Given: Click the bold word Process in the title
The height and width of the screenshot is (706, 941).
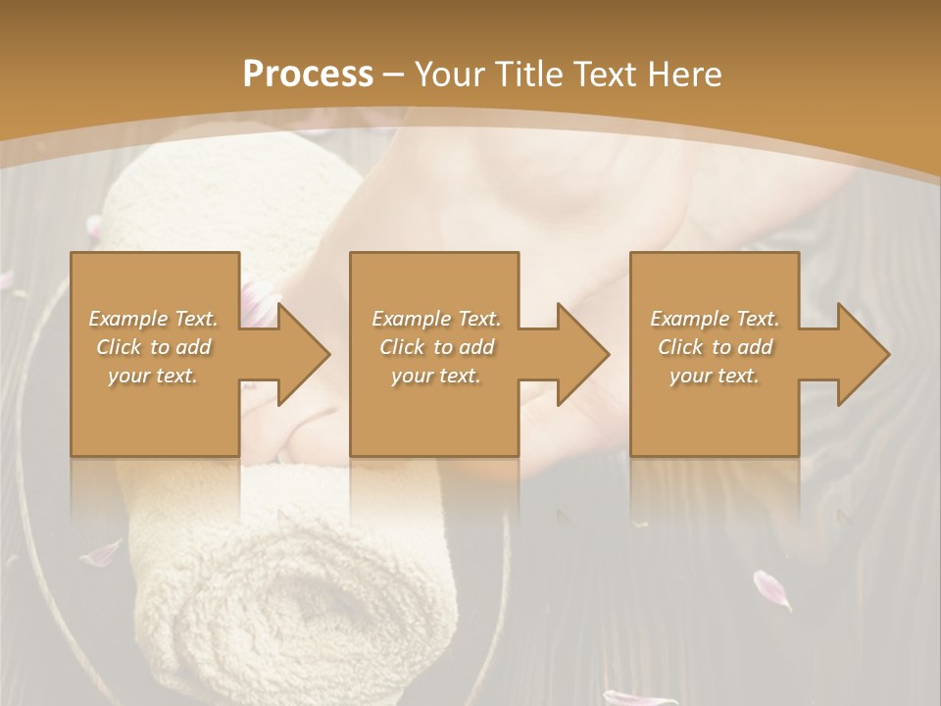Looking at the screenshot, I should [308, 75].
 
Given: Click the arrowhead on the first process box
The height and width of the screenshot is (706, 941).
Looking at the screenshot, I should [300, 354].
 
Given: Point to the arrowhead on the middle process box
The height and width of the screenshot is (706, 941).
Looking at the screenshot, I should [579, 354].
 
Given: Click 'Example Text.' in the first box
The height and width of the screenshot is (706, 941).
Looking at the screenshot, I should [153, 319].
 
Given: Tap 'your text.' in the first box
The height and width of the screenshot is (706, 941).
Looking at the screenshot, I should [153, 376].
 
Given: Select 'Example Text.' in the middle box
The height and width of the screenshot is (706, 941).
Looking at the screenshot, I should [436, 319].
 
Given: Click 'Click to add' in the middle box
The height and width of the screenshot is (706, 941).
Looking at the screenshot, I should [436, 347].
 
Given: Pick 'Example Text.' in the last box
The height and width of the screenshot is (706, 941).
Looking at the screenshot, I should [715, 319].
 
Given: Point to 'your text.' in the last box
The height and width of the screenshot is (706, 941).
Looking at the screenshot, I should [715, 376].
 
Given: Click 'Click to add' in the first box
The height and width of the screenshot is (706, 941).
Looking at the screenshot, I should [153, 347].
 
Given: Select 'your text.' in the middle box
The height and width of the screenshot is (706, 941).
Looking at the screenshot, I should [436, 376].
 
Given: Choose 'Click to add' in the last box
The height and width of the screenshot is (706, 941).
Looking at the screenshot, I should [715, 347].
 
